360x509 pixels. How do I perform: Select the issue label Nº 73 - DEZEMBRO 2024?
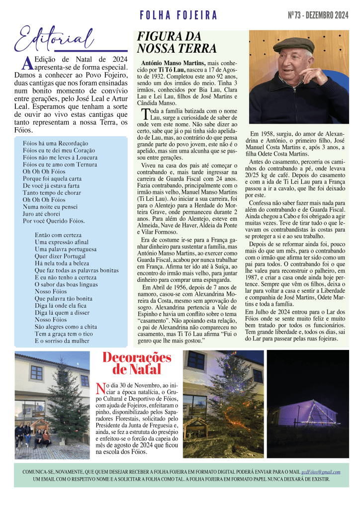[318, 16]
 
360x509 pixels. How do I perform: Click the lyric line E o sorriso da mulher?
[62, 341]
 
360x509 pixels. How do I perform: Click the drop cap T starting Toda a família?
[145, 114]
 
